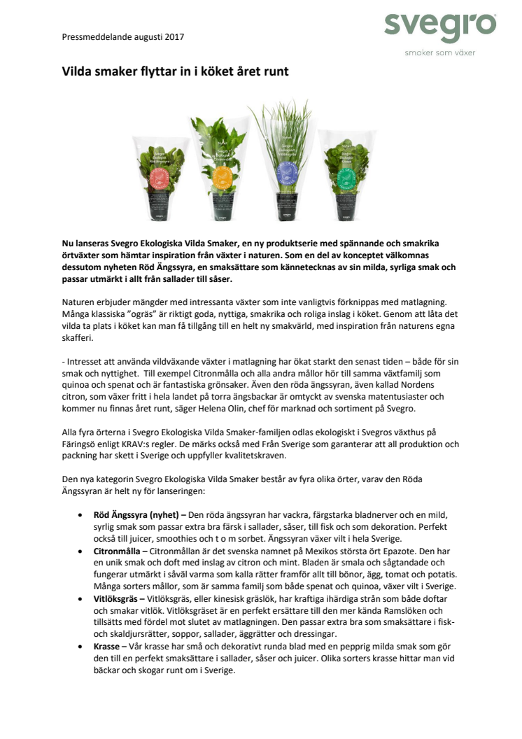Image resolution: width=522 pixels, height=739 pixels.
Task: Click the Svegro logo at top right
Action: [439, 27]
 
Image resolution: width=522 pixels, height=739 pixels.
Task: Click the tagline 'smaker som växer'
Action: [439, 52]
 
